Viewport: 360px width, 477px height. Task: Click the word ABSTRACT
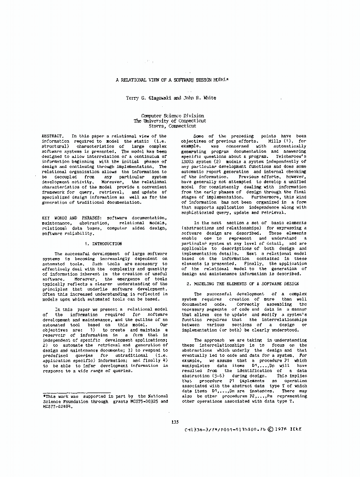pos(52,136)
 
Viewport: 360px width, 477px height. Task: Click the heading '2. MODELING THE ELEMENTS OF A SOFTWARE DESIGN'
pos(243,283)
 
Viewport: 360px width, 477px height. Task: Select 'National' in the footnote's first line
pos(158,396)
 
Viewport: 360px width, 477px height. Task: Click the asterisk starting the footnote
pos(43,396)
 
